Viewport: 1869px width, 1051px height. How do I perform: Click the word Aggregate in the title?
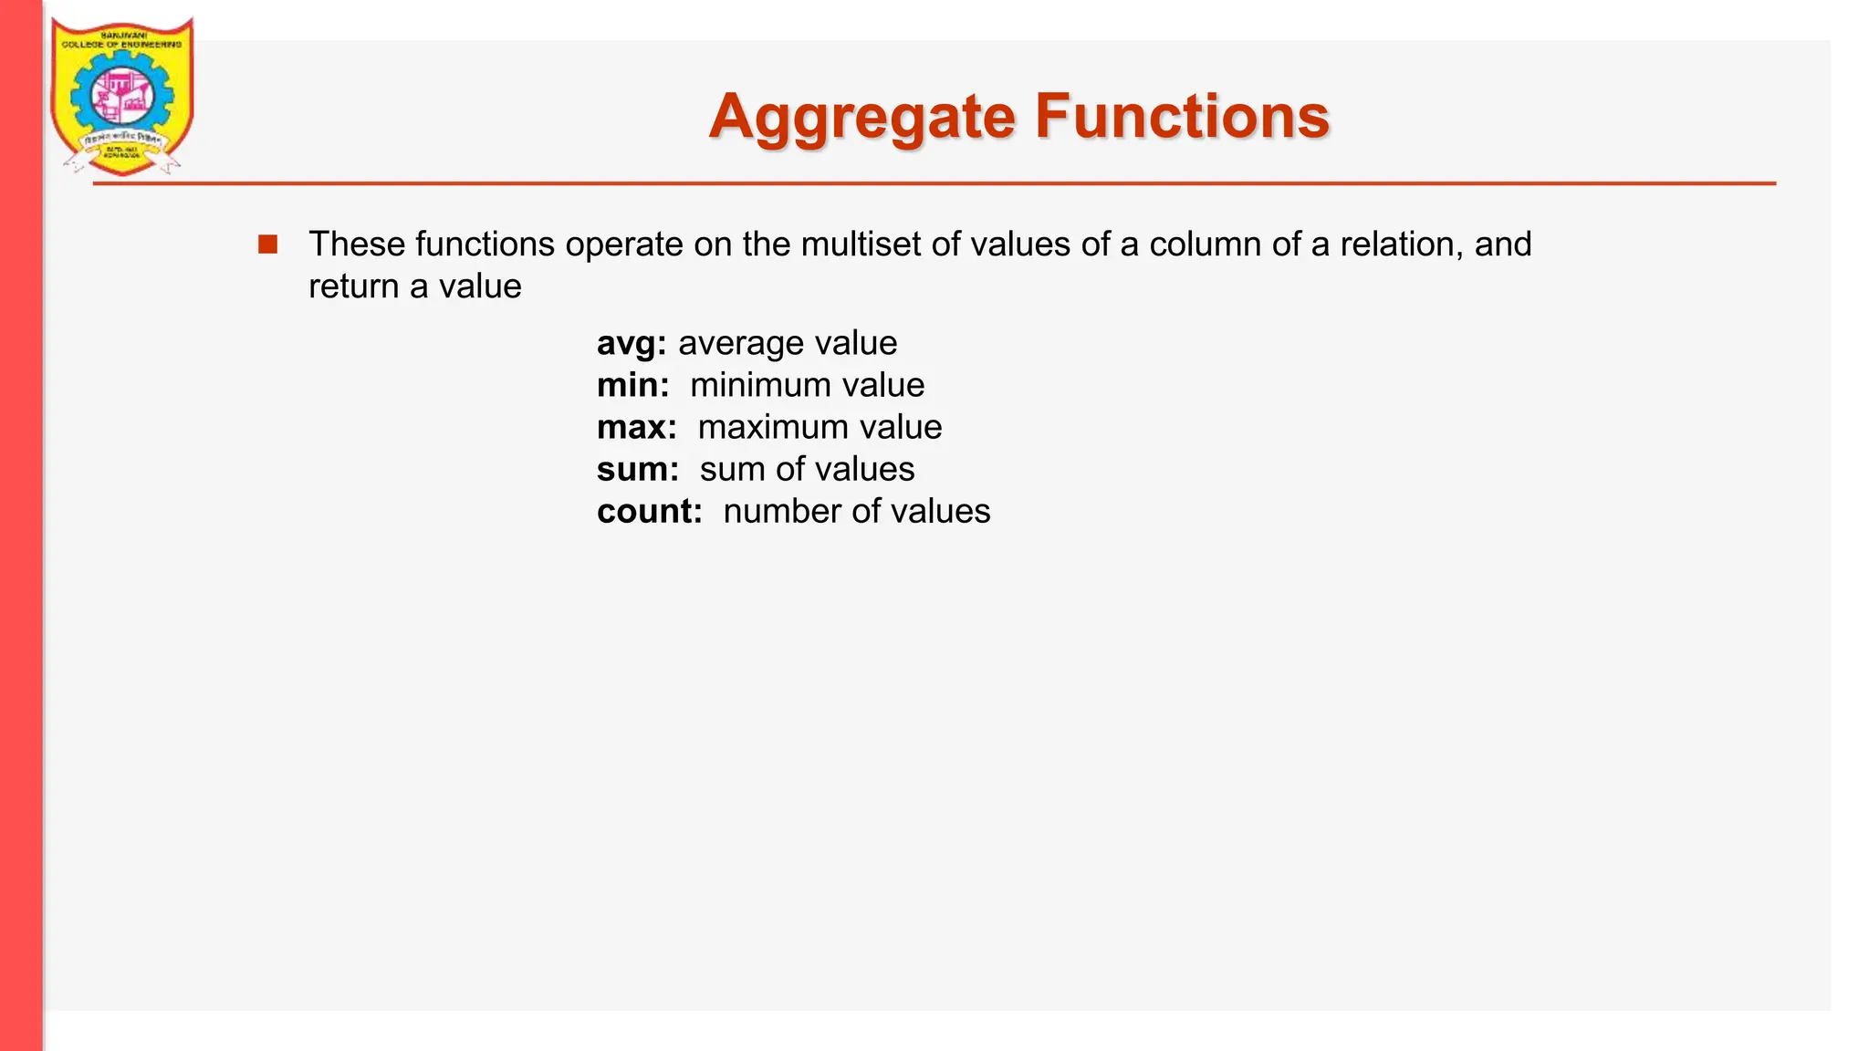pos(861,119)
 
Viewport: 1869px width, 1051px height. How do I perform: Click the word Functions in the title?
pos(1182,117)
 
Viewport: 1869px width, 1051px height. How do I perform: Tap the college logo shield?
pos(121,96)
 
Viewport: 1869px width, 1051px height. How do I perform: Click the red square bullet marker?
pos(267,245)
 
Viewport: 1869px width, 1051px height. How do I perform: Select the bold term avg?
pos(632,344)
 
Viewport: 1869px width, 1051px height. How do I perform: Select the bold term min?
pos(632,385)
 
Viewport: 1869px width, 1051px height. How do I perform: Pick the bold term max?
pos(636,427)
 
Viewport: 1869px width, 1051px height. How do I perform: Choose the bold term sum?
pos(637,469)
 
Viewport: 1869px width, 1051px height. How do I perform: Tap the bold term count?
pos(649,511)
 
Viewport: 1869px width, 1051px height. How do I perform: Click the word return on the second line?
pos(354,286)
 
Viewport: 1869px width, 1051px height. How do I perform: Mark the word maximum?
pos(772,427)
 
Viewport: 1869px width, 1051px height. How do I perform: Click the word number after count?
pos(782,511)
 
